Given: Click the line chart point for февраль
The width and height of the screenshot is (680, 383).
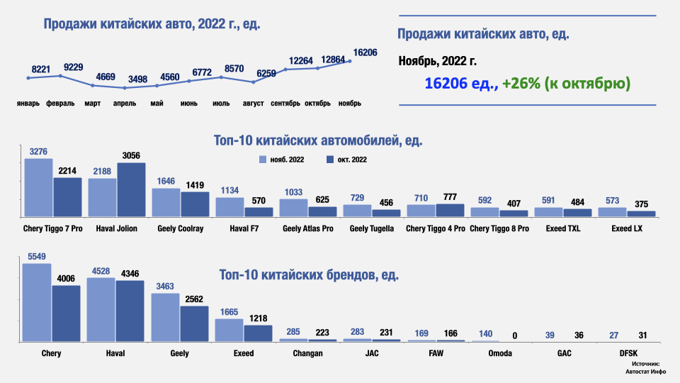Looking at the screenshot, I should [61, 76].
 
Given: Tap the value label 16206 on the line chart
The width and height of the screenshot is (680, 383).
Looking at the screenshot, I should [365, 52].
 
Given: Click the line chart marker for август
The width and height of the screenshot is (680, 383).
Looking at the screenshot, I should [254, 82].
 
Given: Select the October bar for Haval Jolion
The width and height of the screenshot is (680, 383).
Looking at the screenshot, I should [131, 189].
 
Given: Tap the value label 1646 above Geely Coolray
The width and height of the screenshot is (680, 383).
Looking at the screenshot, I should [166, 182].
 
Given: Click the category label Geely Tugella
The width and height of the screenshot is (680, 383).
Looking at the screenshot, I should [372, 228].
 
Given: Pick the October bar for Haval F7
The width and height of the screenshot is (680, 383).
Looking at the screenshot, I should [259, 211].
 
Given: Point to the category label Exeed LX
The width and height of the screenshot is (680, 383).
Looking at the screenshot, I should [627, 228].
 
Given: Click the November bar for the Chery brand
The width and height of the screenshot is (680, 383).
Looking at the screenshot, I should [37, 303].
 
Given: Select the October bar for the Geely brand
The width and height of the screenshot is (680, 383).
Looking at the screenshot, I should [195, 324].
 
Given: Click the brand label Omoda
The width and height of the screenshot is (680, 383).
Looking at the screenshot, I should [485, 353].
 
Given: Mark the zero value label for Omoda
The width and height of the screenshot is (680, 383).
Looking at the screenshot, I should [514, 335].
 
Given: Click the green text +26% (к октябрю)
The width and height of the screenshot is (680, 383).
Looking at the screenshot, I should [566, 84].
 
